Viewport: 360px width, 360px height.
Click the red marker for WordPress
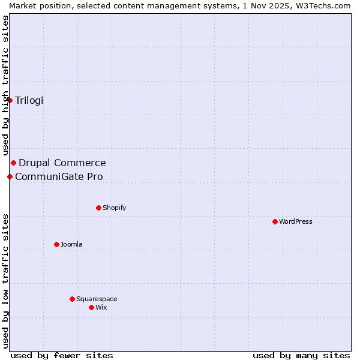point(275,221)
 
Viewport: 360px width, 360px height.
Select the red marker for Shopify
point(98,208)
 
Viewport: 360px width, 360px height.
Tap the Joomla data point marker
point(56,244)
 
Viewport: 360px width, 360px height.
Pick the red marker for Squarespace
point(72,299)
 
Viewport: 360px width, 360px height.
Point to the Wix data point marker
point(91,307)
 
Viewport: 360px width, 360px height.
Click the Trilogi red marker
point(10,100)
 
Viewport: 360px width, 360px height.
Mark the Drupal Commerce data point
point(13,163)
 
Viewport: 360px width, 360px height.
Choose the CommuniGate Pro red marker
point(10,176)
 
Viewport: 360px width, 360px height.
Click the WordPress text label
point(296,221)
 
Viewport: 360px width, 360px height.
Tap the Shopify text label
point(115,208)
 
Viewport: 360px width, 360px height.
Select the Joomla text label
point(71,244)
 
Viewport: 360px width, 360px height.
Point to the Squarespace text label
point(97,299)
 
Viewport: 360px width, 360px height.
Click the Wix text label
point(101,307)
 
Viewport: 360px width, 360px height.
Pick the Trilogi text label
point(29,100)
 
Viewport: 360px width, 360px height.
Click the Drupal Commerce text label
point(62,163)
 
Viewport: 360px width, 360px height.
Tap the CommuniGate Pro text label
point(59,176)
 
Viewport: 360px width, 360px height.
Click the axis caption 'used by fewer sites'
point(62,355)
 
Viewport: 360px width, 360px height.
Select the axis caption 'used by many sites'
point(301,355)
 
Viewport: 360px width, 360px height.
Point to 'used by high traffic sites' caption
point(5,85)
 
